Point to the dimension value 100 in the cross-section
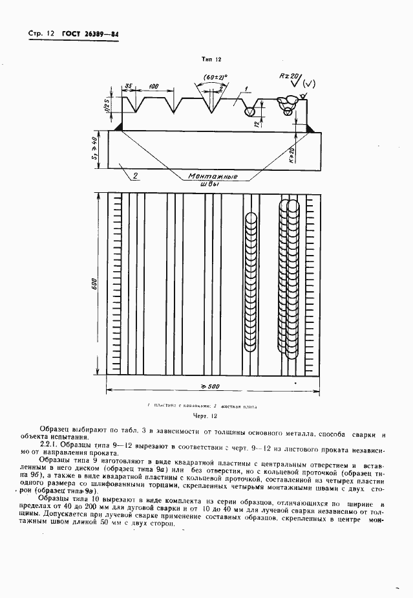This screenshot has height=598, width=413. pos(153,87)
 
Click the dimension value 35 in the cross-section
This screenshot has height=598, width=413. pos(129,87)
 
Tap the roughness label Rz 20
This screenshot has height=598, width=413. pos(286,76)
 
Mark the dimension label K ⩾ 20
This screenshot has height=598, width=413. pos(291,155)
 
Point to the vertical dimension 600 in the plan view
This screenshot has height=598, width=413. pos(95,283)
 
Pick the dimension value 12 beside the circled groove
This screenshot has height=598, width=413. pos(257,122)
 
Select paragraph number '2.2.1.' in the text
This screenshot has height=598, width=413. pos(51,444)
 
